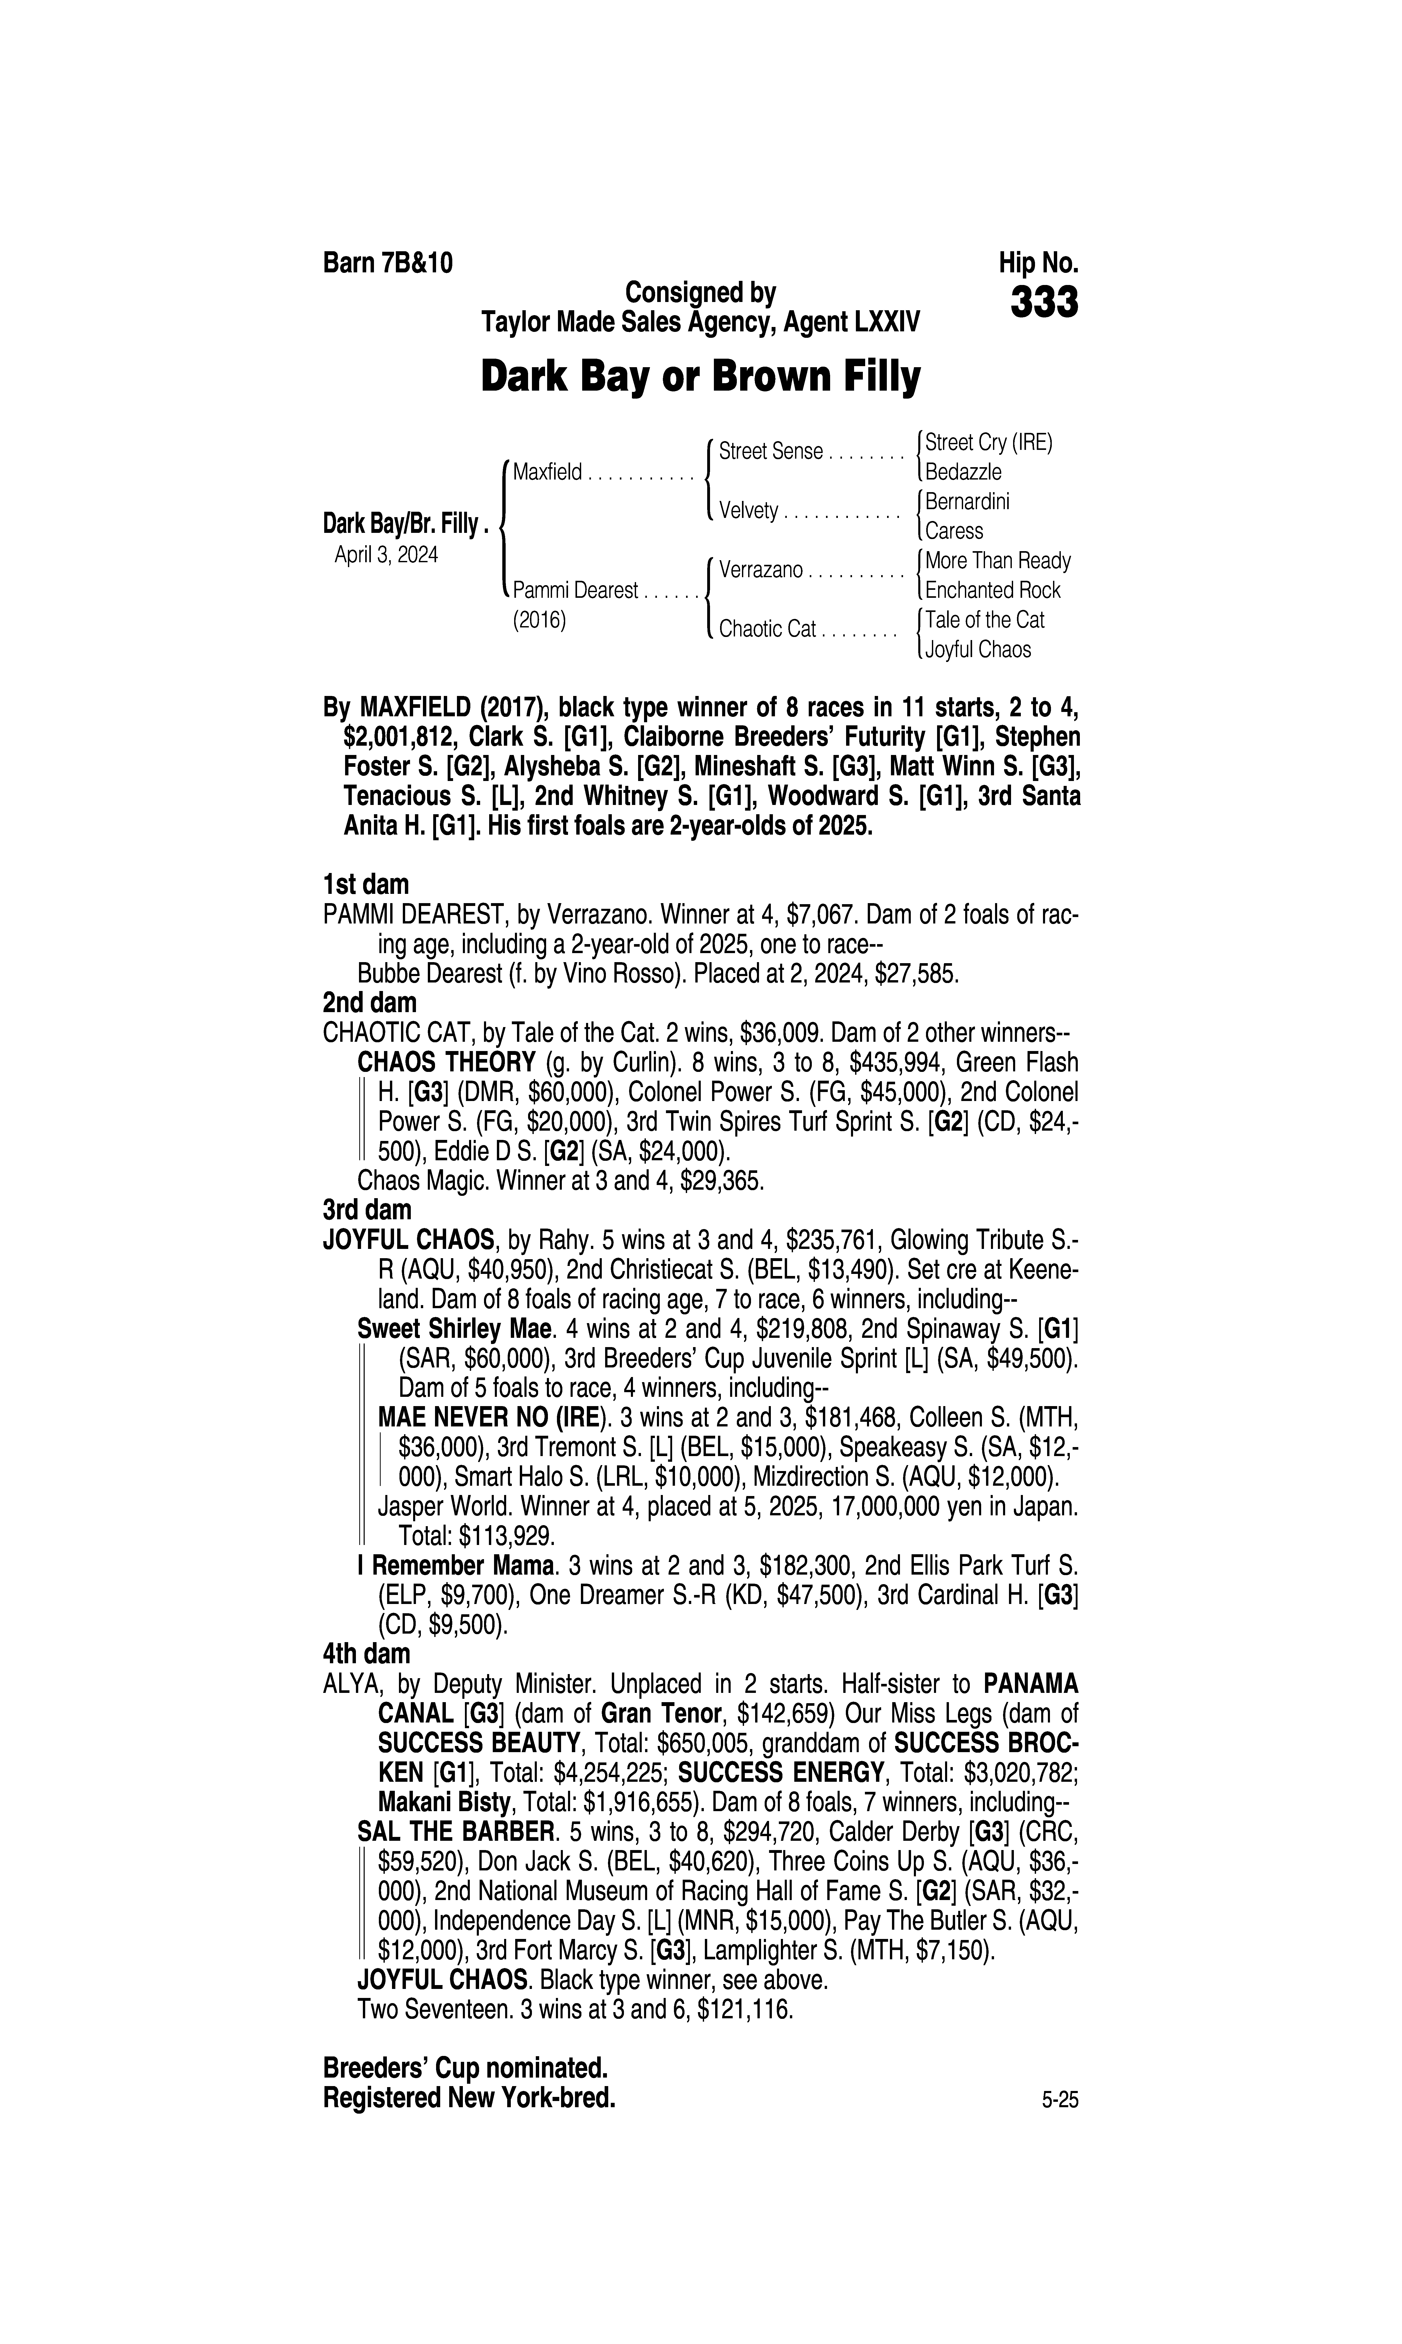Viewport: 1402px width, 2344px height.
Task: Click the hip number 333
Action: point(1044,303)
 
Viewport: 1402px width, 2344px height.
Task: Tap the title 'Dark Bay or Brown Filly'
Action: point(700,377)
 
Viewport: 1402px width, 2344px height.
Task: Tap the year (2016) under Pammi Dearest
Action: point(538,621)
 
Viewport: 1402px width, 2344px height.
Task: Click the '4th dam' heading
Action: point(366,1654)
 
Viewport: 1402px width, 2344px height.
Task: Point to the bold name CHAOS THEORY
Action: point(446,1062)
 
